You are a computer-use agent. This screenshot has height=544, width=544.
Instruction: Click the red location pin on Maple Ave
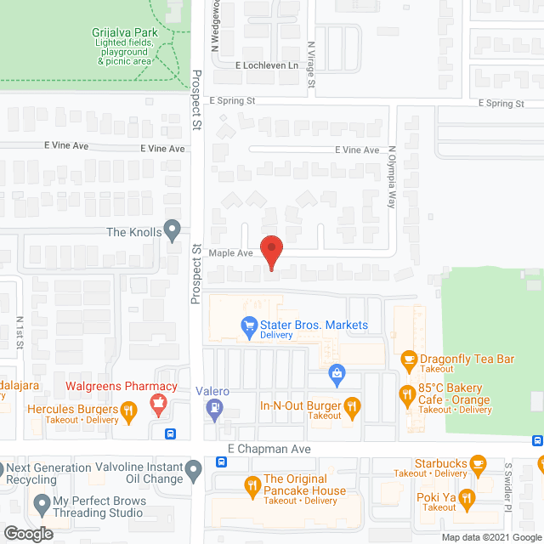tap(271, 252)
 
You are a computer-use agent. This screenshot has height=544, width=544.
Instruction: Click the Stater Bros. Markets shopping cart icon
tap(249, 325)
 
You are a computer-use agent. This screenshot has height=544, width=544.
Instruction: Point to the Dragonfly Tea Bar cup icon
tap(408, 359)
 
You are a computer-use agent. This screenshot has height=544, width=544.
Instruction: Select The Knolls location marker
tap(173, 230)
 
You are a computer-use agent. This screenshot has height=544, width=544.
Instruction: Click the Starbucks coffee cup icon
tap(478, 463)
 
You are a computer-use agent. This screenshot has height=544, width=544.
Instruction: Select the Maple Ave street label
tap(231, 253)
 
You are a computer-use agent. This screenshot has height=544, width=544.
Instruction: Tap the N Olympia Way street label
tap(393, 182)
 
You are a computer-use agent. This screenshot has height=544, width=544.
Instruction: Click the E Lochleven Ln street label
tap(267, 65)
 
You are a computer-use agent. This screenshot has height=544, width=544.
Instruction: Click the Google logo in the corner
tap(28, 534)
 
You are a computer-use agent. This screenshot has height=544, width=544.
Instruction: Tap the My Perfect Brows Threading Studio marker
tap(40, 507)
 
